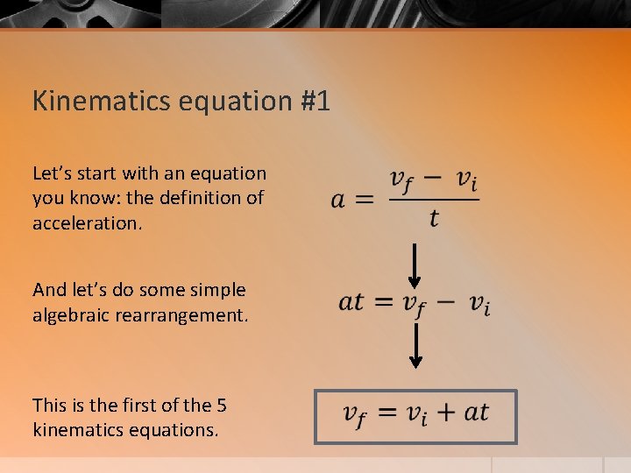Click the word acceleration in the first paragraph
click(x=86, y=222)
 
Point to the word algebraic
click(x=72, y=314)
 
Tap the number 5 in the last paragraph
click(x=221, y=406)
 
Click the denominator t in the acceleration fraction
click(x=434, y=218)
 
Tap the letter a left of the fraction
click(x=338, y=200)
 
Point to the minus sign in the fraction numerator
click(x=432, y=179)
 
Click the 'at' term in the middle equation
click(x=351, y=302)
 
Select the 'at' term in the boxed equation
click(x=476, y=412)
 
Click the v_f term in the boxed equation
click(x=355, y=413)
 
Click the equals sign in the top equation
click(x=365, y=200)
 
